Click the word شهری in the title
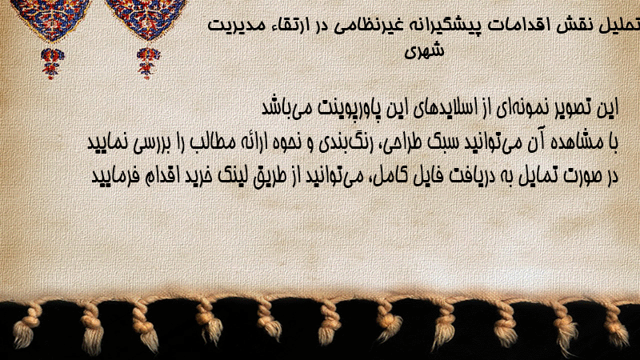tap(424, 51)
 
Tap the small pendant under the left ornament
tap(52, 63)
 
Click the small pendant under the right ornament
tap(148, 63)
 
